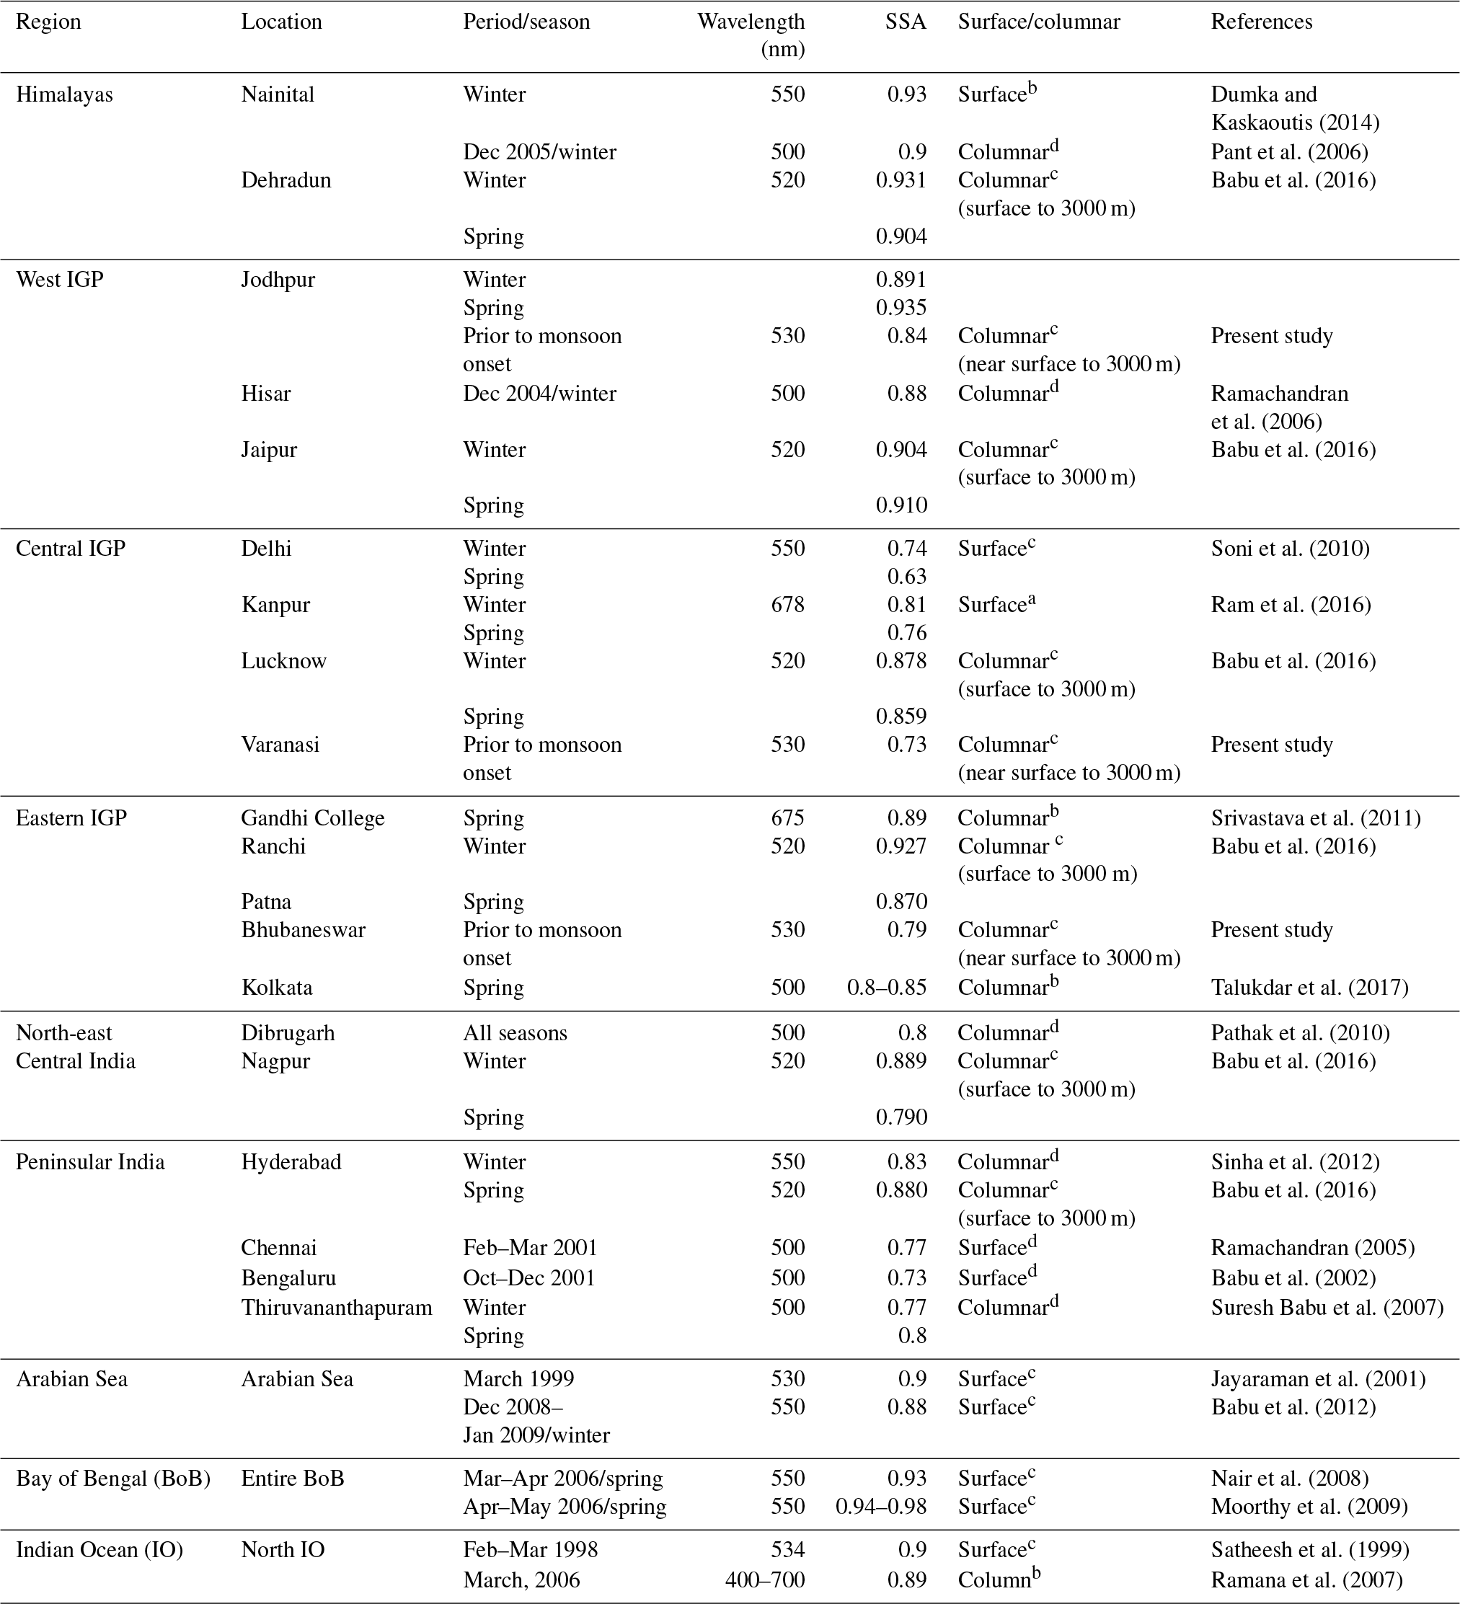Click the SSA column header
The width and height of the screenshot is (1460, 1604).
[906, 22]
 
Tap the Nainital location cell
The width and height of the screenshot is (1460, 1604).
[278, 94]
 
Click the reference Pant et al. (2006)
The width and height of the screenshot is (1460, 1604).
[1289, 152]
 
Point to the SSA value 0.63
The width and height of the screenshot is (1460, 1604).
[907, 577]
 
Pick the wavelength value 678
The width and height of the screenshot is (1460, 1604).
[788, 605]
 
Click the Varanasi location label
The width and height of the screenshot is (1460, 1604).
[280, 745]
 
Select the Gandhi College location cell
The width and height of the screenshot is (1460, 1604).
[313, 818]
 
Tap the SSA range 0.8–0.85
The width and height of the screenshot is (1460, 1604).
[886, 988]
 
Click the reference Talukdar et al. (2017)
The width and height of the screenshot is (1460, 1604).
[1309, 988]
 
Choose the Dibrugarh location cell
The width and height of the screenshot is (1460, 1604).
[288, 1033]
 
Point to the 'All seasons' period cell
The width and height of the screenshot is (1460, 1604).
[515, 1033]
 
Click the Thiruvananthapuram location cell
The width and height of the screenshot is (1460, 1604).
[337, 1307]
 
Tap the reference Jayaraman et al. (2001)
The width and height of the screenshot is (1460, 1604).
[1317, 1379]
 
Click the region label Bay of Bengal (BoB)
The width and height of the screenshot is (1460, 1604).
[113, 1479]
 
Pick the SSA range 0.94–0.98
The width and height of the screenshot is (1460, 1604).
[881, 1506]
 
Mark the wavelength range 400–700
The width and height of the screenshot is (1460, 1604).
[765, 1579]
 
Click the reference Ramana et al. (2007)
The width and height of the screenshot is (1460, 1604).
[1306, 1579]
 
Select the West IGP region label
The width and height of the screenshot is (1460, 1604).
[60, 280]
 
